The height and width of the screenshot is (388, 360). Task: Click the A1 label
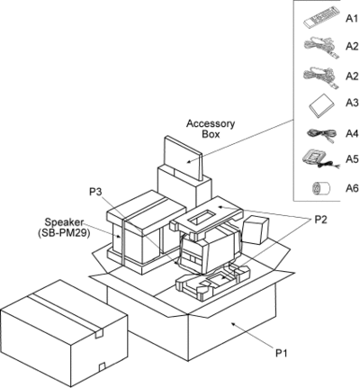[352, 19]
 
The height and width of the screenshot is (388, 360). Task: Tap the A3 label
[352, 103]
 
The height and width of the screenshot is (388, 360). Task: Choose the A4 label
[352, 133]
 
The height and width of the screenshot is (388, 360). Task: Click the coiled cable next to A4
[321, 134]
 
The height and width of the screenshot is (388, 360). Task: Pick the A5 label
[352, 159]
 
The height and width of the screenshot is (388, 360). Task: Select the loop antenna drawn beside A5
[320, 158]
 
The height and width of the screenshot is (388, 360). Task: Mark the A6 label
[352, 188]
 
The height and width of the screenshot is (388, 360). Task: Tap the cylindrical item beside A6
[320, 188]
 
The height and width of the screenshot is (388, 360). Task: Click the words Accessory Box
[211, 129]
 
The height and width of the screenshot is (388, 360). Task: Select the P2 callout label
[320, 220]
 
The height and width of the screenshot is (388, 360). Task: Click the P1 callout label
[282, 353]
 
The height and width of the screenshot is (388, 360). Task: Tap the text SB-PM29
[64, 233]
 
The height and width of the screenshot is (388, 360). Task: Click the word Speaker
[64, 222]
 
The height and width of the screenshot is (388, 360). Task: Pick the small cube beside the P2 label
[255, 230]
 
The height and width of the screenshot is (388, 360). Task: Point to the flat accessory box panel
[184, 158]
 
